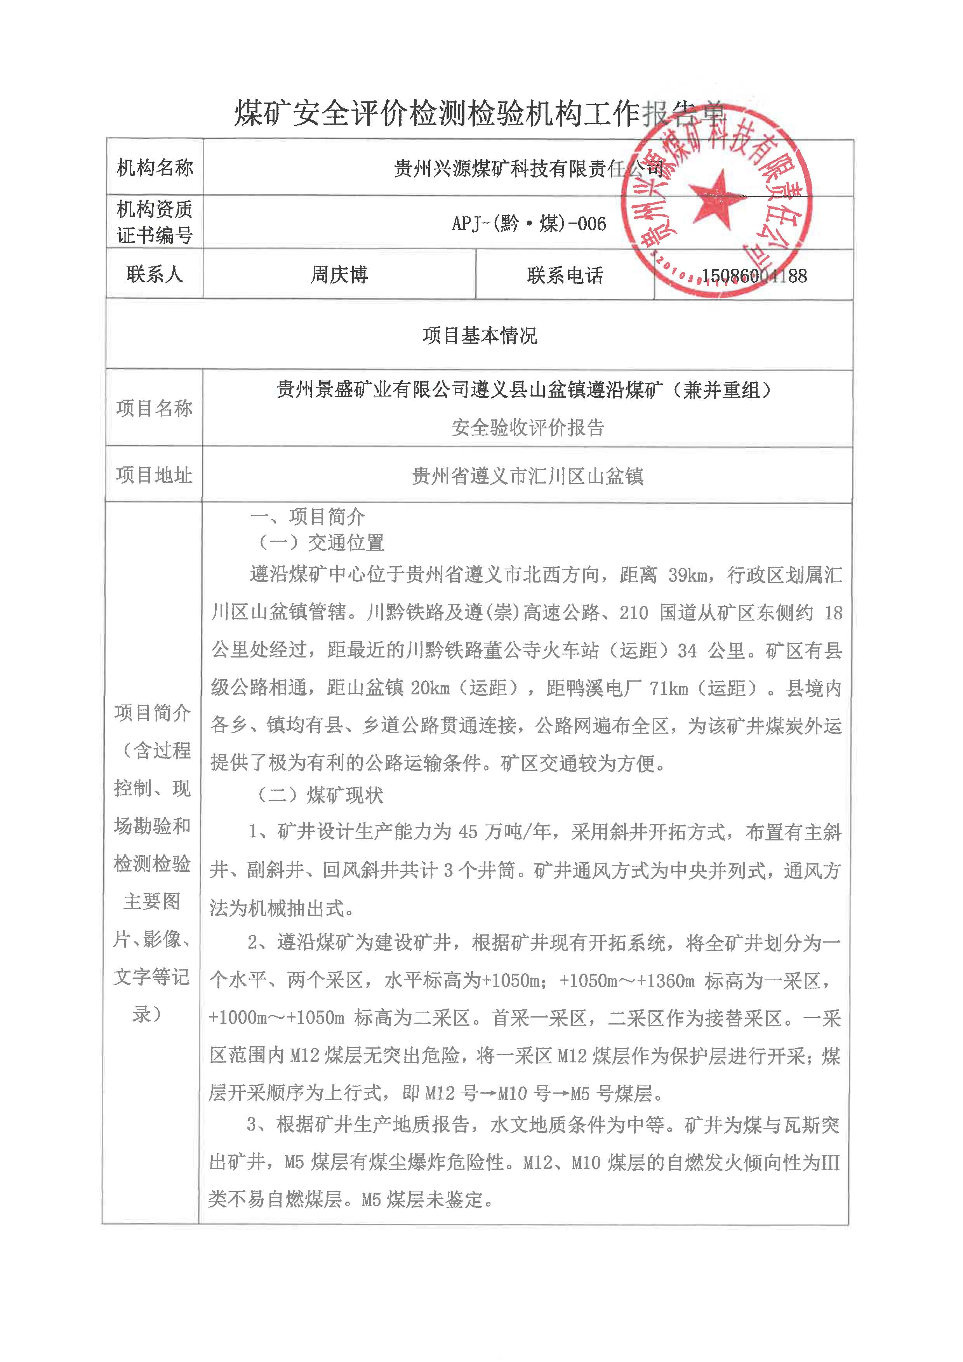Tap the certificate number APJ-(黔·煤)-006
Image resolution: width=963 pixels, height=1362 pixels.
click(x=528, y=224)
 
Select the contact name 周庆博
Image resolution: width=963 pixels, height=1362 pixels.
click(x=339, y=275)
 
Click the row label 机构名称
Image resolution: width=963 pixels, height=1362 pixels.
click(x=155, y=168)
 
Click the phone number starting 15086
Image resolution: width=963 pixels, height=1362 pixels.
click(x=754, y=276)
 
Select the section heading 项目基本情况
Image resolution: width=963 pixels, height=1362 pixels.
click(x=480, y=336)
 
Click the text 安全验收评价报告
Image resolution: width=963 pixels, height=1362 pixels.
click(x=528, y=427)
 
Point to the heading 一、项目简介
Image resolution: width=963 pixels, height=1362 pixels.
click(x=307, y=517)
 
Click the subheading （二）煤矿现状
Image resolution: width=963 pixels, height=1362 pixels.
click(x=320, y=795)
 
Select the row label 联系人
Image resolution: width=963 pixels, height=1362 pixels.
click(x=155, y=274)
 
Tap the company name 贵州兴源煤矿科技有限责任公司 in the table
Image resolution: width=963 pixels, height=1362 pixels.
click(x=528, y=169)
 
